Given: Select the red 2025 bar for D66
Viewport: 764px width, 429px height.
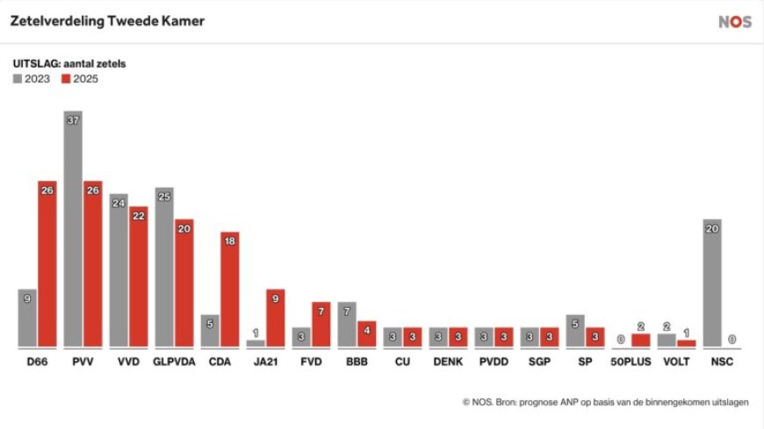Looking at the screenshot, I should (x=47, y=263).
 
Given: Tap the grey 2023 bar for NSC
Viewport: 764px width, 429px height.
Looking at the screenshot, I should (x=713, y=282).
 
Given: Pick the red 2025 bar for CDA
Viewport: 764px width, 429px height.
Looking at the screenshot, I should (x=229, y=290).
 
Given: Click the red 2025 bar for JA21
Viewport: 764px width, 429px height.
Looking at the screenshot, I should (x=275, y=318).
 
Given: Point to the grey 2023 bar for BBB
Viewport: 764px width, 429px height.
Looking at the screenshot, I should (x=347, y=324).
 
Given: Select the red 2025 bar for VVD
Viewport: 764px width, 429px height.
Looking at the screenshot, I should (x=138, y=276).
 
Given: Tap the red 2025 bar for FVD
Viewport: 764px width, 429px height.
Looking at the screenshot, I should (x=321, y=324).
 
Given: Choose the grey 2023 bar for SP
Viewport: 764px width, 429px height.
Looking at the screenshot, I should (x=575, y=330).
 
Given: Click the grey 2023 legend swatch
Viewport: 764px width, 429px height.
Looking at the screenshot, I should (x=18, y=79).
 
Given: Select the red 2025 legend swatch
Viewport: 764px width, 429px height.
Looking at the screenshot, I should (x=66, y=79).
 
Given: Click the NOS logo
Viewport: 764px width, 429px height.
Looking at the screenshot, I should (x=735, y=22).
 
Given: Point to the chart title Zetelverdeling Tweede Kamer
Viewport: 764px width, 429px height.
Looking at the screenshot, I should (x=107, y=21).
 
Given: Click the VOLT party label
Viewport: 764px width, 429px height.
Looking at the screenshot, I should (x=677, y=361).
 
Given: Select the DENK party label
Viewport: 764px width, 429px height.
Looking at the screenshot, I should (x=449, y=361).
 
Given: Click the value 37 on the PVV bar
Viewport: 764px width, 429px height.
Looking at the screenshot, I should (x=74, y=120).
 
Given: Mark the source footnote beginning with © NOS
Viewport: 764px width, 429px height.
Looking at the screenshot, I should (x=606, y=402).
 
